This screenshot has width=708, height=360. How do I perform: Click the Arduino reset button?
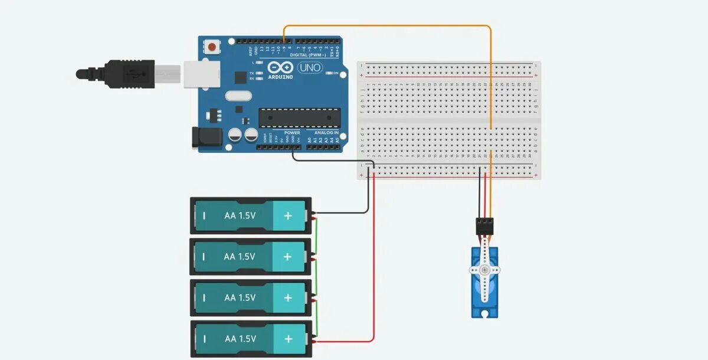(212, 45)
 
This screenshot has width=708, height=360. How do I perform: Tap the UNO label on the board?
(309, 68)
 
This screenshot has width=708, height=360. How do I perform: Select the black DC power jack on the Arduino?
(207, 137)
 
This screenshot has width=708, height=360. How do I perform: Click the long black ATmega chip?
(299, 118)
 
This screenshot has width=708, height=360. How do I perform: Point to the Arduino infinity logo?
(280, 67)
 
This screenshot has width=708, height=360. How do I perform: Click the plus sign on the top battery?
(288, 216)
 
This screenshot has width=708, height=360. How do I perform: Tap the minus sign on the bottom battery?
(204, 339)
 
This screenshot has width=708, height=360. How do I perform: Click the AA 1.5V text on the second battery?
(240, 257)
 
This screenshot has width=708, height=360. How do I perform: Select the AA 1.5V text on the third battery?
(240, 298)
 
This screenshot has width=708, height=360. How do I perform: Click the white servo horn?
(484, 270)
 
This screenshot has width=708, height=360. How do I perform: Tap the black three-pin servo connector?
(484, 225)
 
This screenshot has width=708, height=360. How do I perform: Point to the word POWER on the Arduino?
(292, 133)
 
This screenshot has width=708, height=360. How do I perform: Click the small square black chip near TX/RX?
(240, 77)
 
